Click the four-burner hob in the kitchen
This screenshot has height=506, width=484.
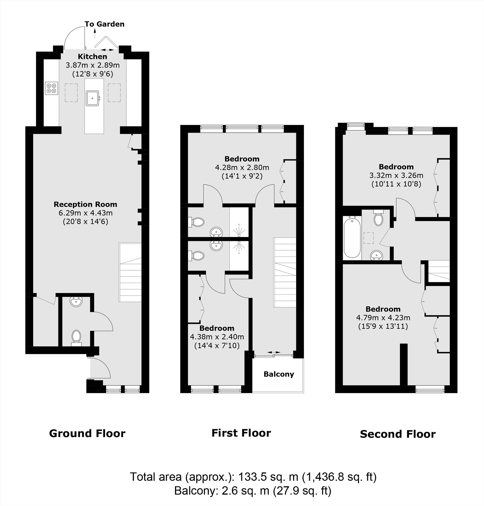(51, 88)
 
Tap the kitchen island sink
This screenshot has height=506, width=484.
(92, 98)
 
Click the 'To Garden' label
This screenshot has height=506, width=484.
(104, 24)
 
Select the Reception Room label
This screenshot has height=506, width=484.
(86, 204)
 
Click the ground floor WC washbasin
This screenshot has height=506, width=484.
(76, 302)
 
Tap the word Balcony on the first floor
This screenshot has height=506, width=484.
(279, 374)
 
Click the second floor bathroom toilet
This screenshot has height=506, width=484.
(378, 218)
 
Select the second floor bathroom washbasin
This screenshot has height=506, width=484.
(377, 256)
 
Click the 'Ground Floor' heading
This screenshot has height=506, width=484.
(87, 433)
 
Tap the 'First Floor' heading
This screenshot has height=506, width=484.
(241, 433)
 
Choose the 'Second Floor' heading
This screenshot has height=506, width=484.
(398, 434)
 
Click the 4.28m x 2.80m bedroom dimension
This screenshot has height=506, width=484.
(242, 168)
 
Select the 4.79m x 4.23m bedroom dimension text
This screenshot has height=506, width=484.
(383, 318)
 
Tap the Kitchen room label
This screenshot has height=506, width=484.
(92, 56)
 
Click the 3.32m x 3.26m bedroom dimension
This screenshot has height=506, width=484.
(396, 176)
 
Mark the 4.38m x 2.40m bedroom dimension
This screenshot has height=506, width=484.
(217, 337)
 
